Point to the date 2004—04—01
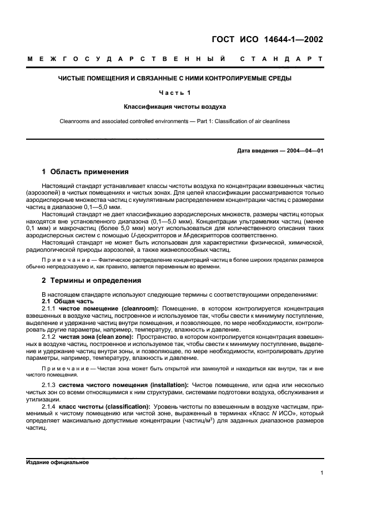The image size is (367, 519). (x=303, y=151)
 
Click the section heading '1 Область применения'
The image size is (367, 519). (x=86, y=171)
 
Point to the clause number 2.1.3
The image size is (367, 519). (x=50, y=384)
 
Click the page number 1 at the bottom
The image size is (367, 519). (x=322, y=473)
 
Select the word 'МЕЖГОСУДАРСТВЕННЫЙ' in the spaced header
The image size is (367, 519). (x=127, y=58)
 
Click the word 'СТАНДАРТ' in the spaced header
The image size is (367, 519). (x=282, y=58)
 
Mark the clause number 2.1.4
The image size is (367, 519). (x=50, y=406)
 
